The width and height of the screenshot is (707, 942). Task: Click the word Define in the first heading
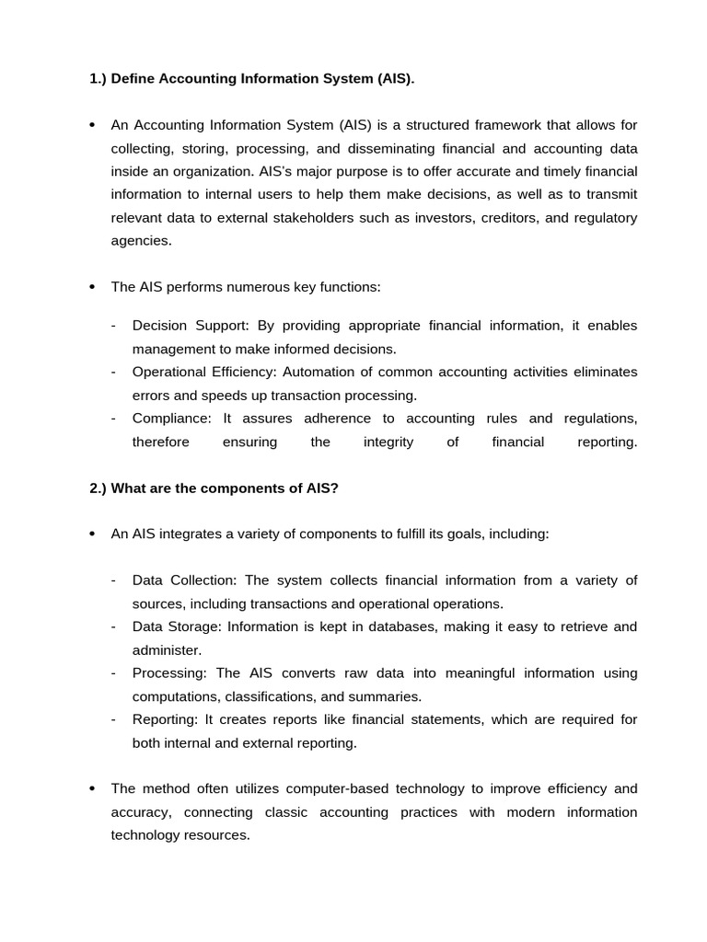point(133,79)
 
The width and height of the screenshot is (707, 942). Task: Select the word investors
point(464,217)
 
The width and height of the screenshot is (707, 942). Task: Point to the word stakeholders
point(359,217)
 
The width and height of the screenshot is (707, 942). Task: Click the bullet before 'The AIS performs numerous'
point(92,287)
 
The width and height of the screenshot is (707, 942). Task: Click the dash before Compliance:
point(112,419)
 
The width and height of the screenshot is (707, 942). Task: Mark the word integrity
point(388,442)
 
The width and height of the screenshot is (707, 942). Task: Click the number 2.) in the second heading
point(99,488)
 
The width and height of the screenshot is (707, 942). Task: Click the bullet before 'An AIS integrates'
point(92,534)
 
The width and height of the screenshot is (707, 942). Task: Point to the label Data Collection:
point(185,580)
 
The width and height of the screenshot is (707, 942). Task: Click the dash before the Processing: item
point(112,673)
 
